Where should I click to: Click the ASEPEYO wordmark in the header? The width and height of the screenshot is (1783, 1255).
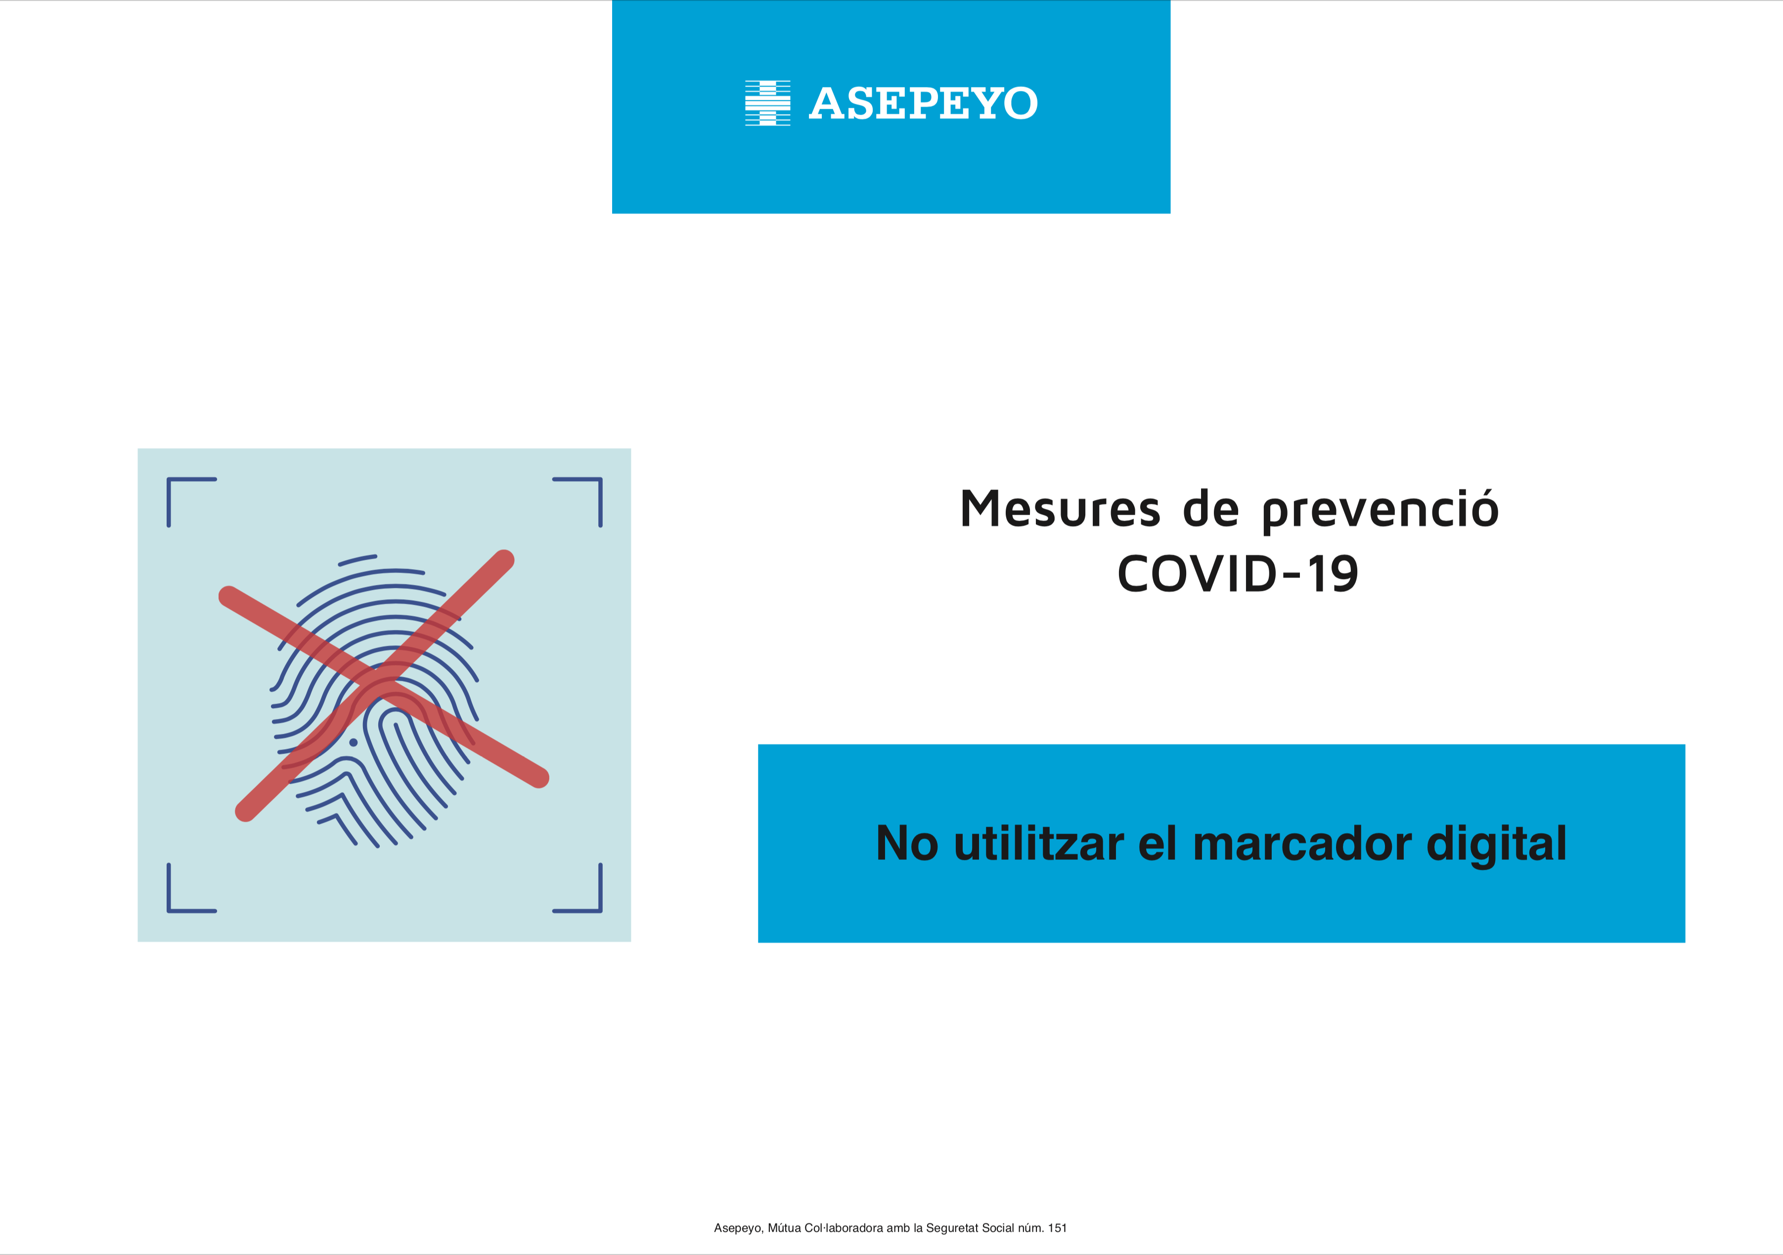[x=923, y=103]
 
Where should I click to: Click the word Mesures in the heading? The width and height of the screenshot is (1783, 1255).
[x=1060, y=509]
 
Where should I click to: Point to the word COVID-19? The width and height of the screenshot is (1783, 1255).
[x=1238, y=574]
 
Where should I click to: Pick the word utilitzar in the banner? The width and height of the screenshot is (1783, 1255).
[x=1039, y=844]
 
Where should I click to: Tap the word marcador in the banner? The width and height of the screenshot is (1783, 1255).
[x=1301, y=844]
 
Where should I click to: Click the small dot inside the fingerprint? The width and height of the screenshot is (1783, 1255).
[x=354, y=742]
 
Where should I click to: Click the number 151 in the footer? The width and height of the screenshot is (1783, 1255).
[x=1057, y=1228]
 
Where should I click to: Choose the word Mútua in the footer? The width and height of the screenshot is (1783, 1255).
[x=784, y=1228]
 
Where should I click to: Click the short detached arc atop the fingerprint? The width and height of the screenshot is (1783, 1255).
[x=357, y=559]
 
